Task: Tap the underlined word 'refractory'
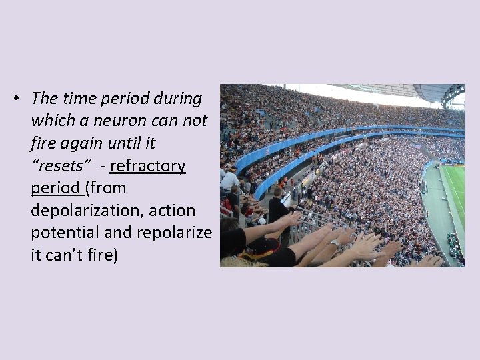click(148, 165)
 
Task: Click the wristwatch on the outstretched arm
click(334, 243)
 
